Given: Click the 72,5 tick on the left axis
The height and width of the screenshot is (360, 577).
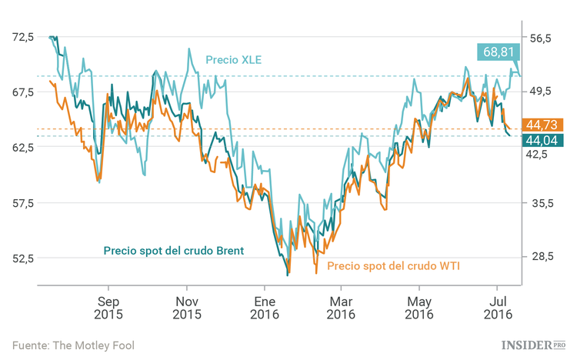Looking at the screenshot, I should tap(22, 37).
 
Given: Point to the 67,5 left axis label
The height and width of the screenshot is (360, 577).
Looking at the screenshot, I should tap(22, 92).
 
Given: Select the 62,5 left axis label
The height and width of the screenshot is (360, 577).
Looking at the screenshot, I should tap(22, 147).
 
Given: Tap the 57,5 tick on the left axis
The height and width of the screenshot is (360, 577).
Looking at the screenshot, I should tap(22, 203).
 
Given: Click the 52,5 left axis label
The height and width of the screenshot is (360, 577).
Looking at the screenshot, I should tap(22, 258).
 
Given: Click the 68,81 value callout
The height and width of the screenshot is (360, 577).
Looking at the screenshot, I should tap(498, 52).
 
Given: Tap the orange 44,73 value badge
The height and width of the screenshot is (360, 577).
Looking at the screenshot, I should tap(543, 125).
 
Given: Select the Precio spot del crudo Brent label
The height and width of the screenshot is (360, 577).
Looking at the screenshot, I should tap(174, 251).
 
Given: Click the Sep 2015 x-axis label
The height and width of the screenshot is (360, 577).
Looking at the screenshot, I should tap(108, 308).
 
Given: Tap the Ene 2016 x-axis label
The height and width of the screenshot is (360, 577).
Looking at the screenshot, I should tap(263, 308).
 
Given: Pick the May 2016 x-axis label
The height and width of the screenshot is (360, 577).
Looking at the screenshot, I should tap(419, 308).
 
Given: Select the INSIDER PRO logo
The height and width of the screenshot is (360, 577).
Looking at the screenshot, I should tap(533, 345).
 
